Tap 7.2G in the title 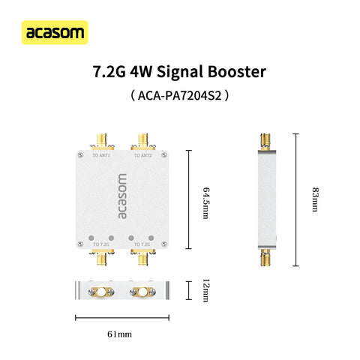tap(108, 73)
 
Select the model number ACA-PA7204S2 tap(179, 96)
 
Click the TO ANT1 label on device tap(100, 156)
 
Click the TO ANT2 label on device tap(142, 156)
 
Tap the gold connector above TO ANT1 tap(100, 140)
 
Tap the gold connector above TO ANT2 tap(141, 140)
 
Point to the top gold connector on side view tap(264, 140)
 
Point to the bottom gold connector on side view tap(264, 259)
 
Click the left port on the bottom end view tap(100, 290)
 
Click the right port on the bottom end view tap(141, 290)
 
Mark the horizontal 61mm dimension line tap(121, 317)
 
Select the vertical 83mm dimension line tap(295, 199)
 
